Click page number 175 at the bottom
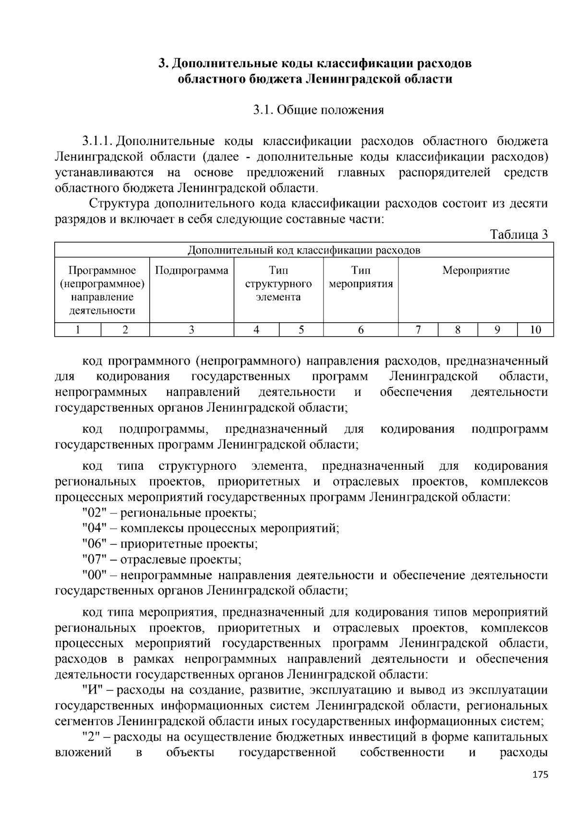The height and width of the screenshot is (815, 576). coord(540,775)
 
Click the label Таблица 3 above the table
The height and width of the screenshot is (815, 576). coord(518,234)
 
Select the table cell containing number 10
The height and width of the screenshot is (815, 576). coord(535,329)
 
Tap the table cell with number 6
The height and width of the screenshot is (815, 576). coord(360,329)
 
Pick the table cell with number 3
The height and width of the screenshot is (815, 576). coord(192,329)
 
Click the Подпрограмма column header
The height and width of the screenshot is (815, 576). coord(192,270)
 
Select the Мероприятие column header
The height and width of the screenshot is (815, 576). coord(476,270)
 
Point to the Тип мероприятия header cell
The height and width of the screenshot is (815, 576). coord(360,277)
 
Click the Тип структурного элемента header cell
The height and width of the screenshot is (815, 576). coord(278,283)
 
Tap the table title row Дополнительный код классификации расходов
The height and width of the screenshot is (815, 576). coord(303,250)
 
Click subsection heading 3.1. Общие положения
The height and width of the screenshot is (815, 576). coord(319,110)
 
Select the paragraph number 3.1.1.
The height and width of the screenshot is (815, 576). coord(97,141)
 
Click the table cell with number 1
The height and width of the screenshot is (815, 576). coord(78,329)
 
